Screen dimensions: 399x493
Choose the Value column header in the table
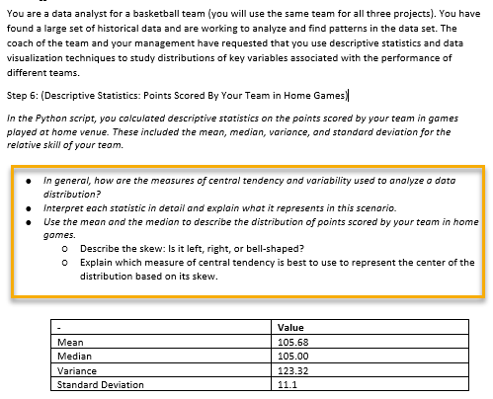click(291, 328)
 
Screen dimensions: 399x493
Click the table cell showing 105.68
click(295, 342)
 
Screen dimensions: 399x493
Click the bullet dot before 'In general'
click(33, 183)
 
